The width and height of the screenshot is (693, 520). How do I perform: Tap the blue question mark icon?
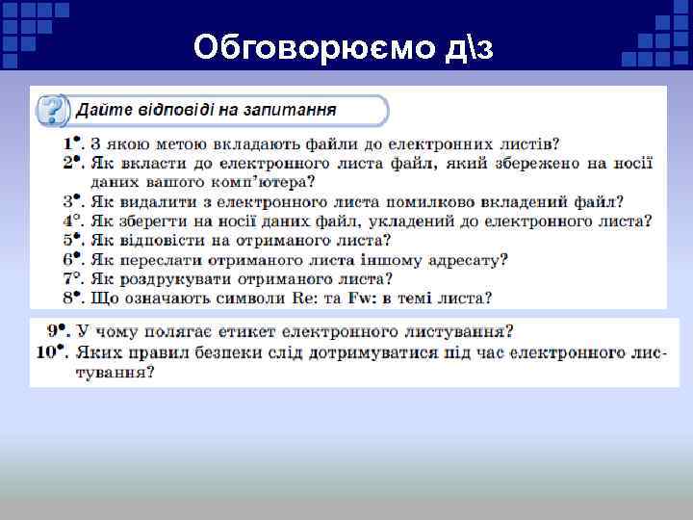click(x=51, y=110)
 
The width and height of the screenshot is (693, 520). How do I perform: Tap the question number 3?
click(x=69, y=201)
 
